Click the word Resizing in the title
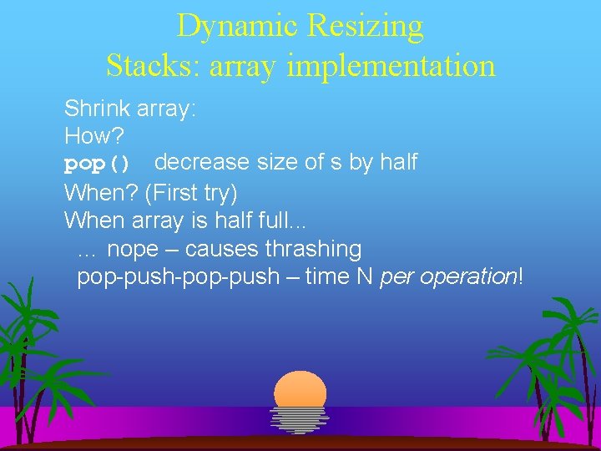coord(365,27)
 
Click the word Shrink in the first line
coord(93,109)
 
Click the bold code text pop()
coord(98,162)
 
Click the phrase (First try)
coord(191,193)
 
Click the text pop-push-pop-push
coord(178,276)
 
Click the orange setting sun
coord(300,389)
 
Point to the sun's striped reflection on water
coord(300,419)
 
